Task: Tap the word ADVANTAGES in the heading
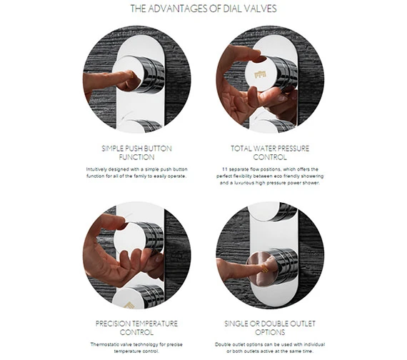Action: click(x=178, y=9)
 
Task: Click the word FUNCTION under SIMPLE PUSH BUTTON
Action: click(x=136, y=157)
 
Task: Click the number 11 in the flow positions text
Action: click(x=225, y=169)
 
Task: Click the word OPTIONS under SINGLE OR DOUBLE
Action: click(x=270, y=332)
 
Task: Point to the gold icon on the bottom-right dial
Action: click(x=265, y=269)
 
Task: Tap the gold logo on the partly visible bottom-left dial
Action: click(x=129, y=306)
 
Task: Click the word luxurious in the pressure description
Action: click(x=244, y=183)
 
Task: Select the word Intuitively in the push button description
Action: click(x=96, y=169)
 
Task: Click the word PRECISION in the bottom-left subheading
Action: click(x=109, y=324)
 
